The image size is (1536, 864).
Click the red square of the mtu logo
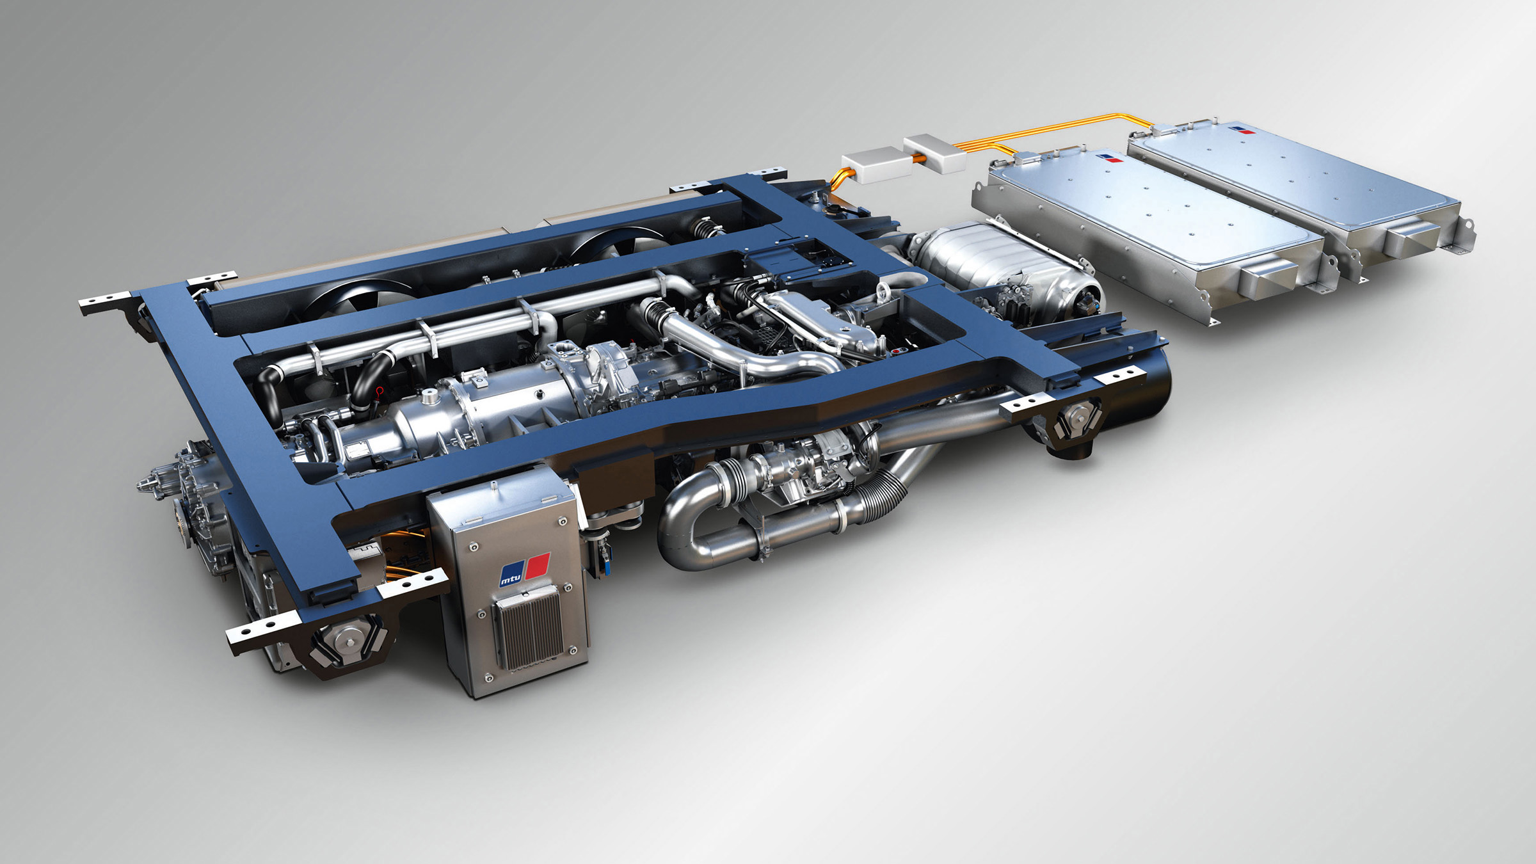tap(538, 566)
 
